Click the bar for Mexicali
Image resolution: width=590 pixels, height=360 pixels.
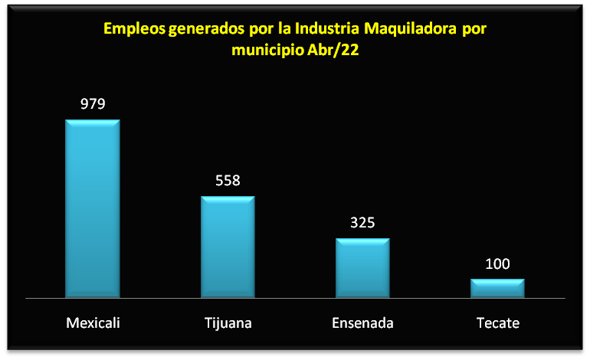coord(92,208)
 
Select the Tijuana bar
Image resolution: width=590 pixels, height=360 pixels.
coord(228,247)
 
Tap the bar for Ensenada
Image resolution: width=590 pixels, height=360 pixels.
coord(362,267)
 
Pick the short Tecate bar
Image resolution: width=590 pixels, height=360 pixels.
coord(497,288)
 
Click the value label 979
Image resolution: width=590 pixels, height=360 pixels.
coord(92,104)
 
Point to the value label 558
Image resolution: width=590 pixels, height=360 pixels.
coord(228,181)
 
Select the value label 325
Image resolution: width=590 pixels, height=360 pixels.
coord(362,223)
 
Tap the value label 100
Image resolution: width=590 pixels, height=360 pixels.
coord(497,264)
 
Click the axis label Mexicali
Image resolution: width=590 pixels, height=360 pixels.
coord(93,322)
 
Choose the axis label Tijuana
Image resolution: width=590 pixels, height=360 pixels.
coord(228,322)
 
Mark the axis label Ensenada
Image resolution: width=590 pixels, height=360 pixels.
coord(362,322)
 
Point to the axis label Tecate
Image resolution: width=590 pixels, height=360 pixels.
coord(497,322)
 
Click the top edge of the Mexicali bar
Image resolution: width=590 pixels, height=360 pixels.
coord(92,120)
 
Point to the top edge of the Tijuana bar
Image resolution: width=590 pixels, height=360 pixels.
coord(228,197)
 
